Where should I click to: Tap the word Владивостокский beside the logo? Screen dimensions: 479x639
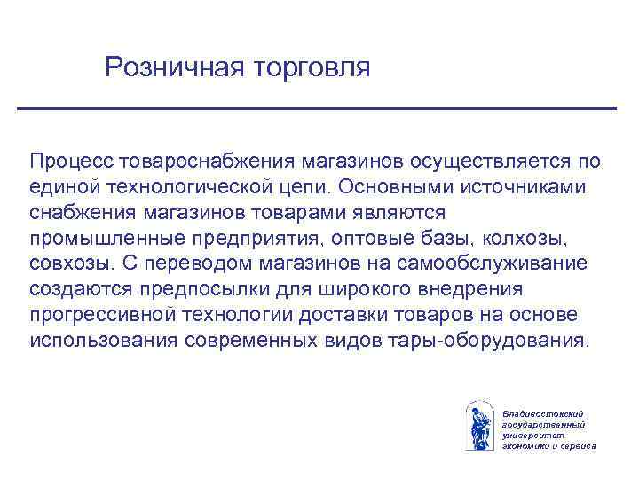[541, 414]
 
